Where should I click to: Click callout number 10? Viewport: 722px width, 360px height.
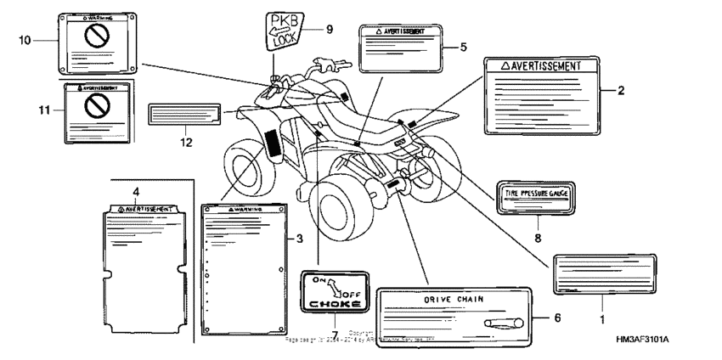coord(25,40)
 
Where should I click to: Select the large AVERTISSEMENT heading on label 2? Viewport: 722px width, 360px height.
coord(540,65)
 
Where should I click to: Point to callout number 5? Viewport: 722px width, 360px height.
coord(463,47)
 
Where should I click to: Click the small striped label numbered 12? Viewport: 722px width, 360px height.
coord(183,115)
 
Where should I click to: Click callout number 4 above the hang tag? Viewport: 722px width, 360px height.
coord(135,190)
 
